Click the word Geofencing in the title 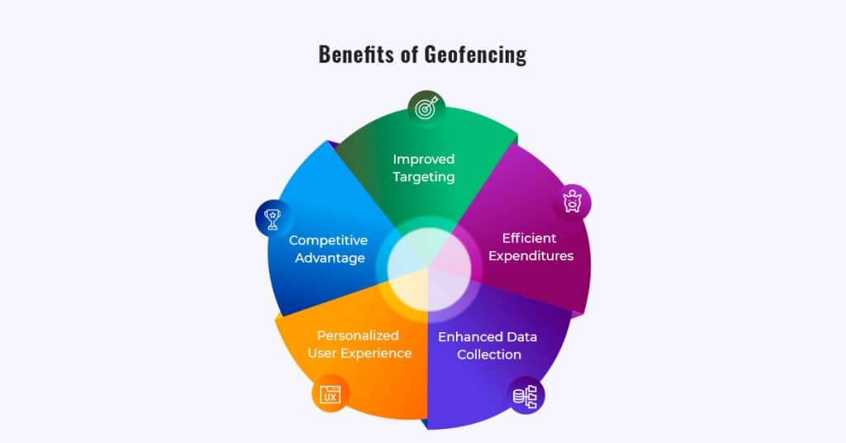tap(475, 55)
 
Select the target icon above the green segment tap(426, 109)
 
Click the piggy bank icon tap(573, 202)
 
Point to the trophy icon tap(273, 218)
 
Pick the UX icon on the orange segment tap(330, 394)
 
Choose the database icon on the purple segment tap(525, 397)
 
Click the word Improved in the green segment tap(424, 160)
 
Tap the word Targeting tap(424, 177)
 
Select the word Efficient tap(530, 238)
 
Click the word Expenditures tap(531, 255)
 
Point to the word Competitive tap(328, 241)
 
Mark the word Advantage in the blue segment tap(330, 258)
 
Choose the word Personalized tap(358, 336)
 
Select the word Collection tap(489, 355)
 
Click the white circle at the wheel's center tap(429, 269)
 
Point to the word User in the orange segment tap(321, 354)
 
